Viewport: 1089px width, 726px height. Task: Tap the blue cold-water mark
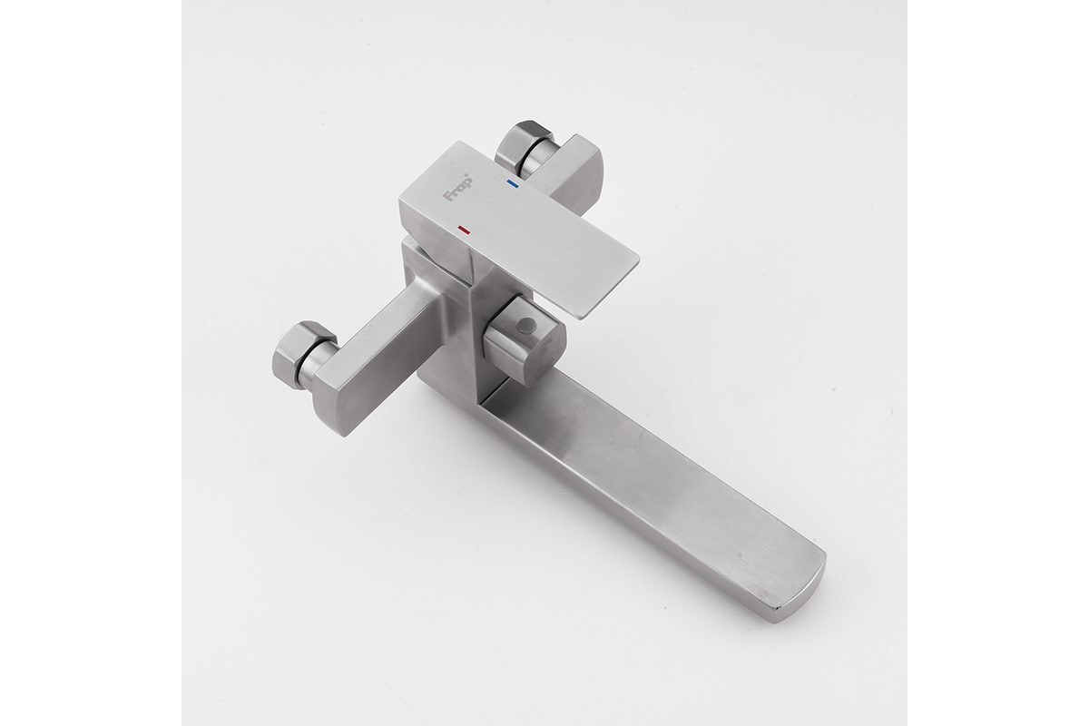click(513, 183)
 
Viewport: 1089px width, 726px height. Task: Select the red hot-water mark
click(464, 229)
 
